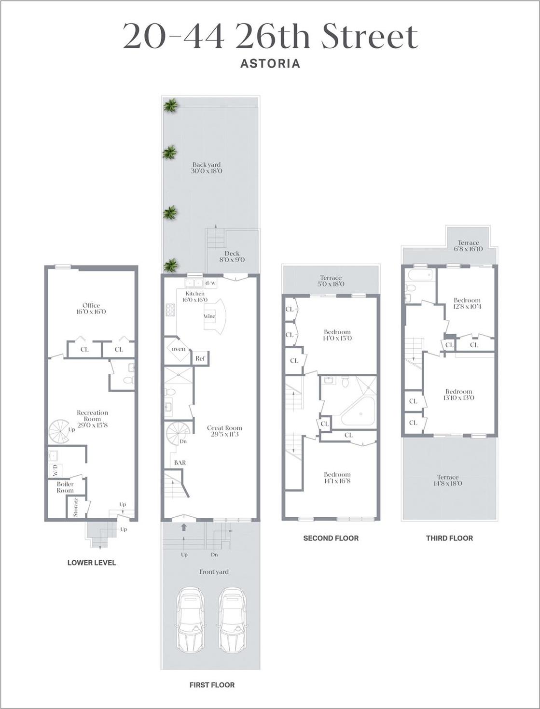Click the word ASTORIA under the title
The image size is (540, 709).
[270, 63]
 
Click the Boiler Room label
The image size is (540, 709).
[65, 487]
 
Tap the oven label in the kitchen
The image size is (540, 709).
[179, 349]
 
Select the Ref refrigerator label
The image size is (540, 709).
[200, 358]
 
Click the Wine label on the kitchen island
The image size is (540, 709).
[209, 316]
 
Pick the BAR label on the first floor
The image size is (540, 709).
[180, 463]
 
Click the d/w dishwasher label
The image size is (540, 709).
[211, 283]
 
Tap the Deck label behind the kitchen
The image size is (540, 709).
[232, 256]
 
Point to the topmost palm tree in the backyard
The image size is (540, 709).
[170, 105]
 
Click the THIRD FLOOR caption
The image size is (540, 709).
[449, 538]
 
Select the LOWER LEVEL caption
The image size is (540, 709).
[92, 563]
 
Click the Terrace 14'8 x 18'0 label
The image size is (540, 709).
[448, 480]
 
